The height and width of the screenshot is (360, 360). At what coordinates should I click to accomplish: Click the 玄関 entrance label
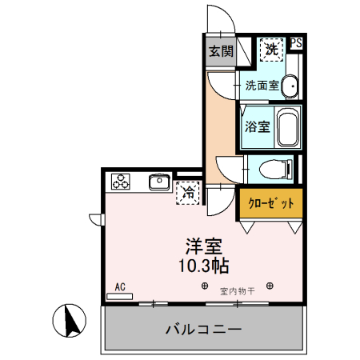(221, 52)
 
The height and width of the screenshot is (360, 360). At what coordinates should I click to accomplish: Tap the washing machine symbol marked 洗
(273, 50)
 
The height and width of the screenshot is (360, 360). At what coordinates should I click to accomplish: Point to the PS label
(296, 43)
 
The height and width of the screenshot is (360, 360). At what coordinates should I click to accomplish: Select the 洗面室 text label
(262, 86)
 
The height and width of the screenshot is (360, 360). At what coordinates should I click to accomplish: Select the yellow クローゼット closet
(270, 203)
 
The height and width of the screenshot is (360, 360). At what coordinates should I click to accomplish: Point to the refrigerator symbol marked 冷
(190, 192)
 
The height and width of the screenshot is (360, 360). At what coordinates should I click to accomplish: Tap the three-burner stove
(121, 182)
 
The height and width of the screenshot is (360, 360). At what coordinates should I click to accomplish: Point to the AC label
(120, 285)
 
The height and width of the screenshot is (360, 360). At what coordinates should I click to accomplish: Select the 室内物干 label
(238, 292)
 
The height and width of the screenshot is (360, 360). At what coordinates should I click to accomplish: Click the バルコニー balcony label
(203, 328)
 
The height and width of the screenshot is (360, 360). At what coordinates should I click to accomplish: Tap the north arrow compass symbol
(70, 322)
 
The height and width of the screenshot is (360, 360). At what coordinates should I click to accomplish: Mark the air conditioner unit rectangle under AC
(119, 295)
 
